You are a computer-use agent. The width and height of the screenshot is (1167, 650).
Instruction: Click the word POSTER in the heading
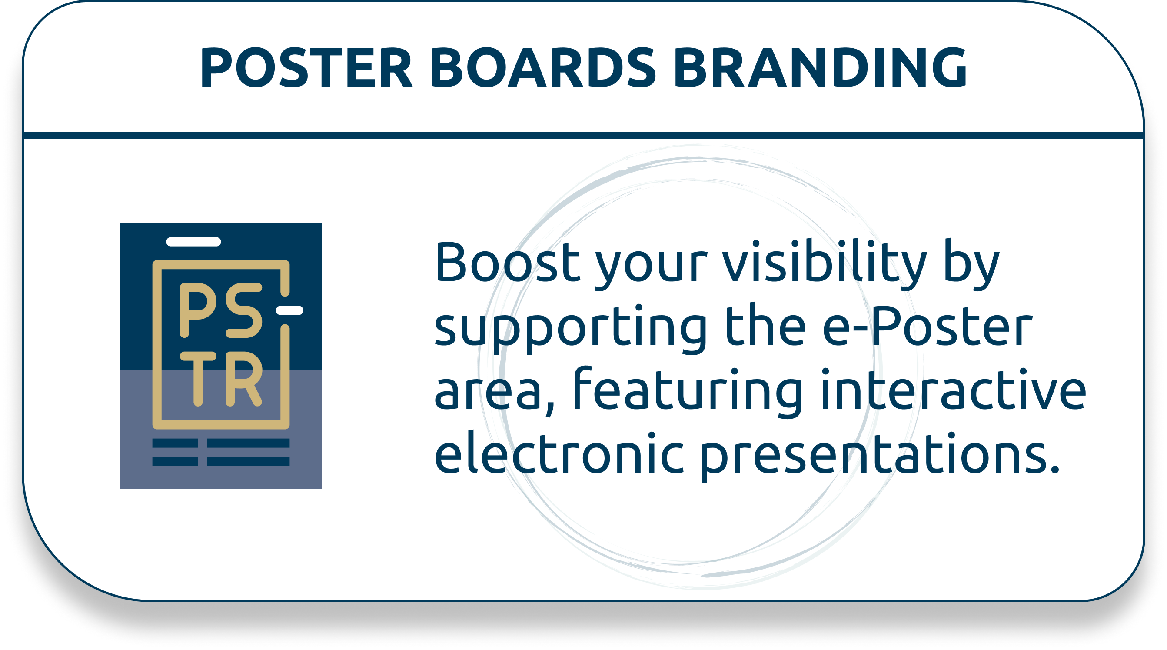point(306,67)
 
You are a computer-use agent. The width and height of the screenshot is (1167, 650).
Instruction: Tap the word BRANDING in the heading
point(821,67)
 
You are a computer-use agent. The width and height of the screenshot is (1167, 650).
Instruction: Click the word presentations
point(880,456)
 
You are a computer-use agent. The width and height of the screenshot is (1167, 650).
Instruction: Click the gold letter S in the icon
point(244,310)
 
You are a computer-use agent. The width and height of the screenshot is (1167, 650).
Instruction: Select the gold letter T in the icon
point(198,379)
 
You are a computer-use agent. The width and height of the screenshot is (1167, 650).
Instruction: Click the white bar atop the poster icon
point(193,242)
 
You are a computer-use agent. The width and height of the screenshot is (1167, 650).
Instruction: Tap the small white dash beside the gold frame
point(289,310)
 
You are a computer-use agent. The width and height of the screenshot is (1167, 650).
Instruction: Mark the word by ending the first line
point(971,265)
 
